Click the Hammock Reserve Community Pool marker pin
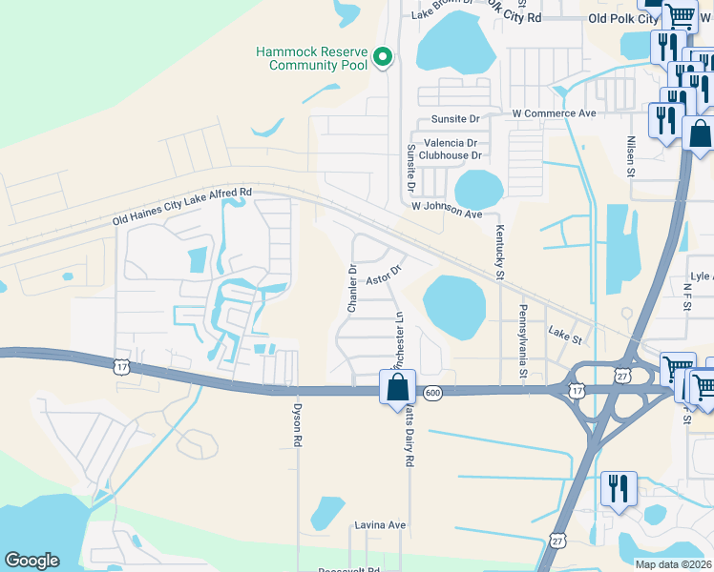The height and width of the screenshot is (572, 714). (x=383, y=58)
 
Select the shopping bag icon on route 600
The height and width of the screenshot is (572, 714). (x=398, y=389)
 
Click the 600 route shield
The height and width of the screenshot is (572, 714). (x=432, y=394)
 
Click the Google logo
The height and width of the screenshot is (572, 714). (x=32, y=560)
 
